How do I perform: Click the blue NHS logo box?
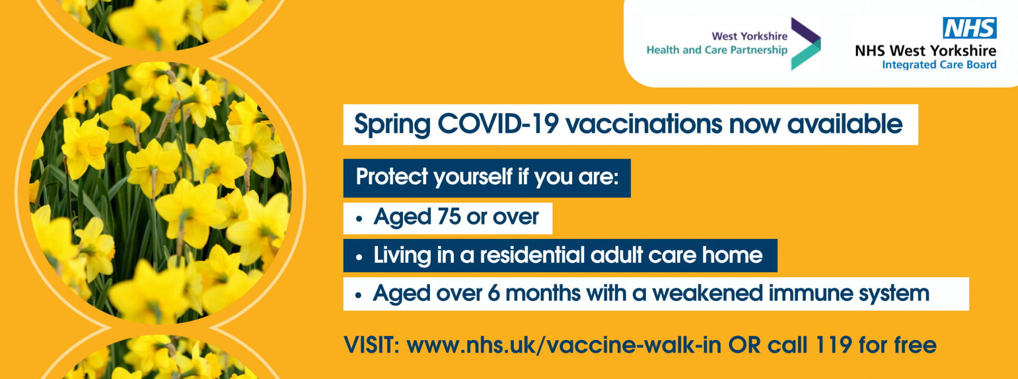point(970,28)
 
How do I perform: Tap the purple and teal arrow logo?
point(805,44)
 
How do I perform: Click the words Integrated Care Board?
point(939,65)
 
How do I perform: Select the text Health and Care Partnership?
point(717,50)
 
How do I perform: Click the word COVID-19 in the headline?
point(498,124)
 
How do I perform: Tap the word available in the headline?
point(845,124)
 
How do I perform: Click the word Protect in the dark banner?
point(392,177)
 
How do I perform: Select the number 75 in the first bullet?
point(449,217)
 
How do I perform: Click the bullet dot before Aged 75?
point(359,219)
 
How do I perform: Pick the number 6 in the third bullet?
point(494,294)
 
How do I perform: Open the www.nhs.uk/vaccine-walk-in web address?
point(564,345)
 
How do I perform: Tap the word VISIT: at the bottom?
point(372,345)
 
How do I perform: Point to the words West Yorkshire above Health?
point(750,36)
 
